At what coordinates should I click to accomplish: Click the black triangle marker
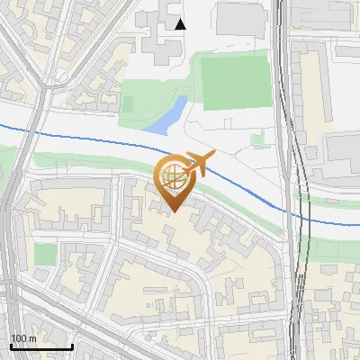(181, 24)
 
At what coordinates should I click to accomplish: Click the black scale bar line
(41, 346)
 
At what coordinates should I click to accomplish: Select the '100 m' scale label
(23, 338)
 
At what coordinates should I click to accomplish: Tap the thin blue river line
(90, 139)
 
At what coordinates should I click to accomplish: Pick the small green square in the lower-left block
(44, 255)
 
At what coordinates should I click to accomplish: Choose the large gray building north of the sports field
(244, 17)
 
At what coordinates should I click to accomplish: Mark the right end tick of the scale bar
(72, 346)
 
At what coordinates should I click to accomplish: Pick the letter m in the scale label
(31, 338)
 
